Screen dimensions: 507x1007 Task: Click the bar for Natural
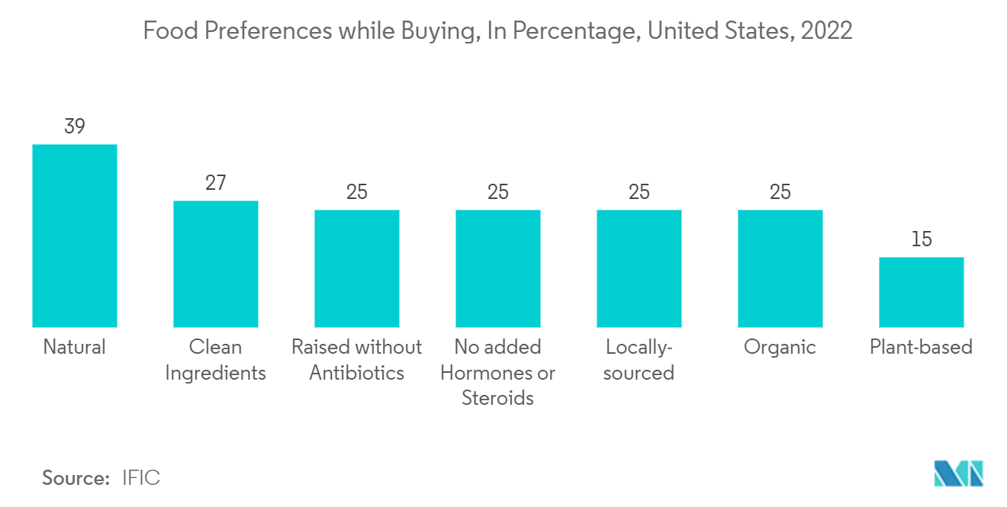point(74,236)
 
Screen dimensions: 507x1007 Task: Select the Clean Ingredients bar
point(215,264)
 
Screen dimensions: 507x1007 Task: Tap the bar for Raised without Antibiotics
point(356,268)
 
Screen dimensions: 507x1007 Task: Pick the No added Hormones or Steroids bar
point(497,268)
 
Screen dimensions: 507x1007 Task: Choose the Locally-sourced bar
point(639,268)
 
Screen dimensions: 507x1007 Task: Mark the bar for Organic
point(780,268)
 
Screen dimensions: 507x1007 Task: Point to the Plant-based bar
point(921,292)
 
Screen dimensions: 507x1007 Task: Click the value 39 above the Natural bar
point(74,127)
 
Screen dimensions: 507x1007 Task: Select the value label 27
point(215,183)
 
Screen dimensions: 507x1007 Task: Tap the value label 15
point(921,239)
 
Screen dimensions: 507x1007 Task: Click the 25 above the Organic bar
point(780,192)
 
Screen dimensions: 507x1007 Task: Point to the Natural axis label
point(74,348)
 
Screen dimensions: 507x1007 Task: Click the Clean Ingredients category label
point(215,360)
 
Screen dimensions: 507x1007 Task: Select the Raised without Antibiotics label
point(356,360)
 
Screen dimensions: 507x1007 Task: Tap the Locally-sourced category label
point(639,360)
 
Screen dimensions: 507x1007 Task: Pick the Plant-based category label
point(921,348)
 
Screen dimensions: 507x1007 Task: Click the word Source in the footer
point(76,478)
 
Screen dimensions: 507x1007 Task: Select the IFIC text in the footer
point(141,478)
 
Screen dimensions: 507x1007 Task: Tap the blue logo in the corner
point(958,473)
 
